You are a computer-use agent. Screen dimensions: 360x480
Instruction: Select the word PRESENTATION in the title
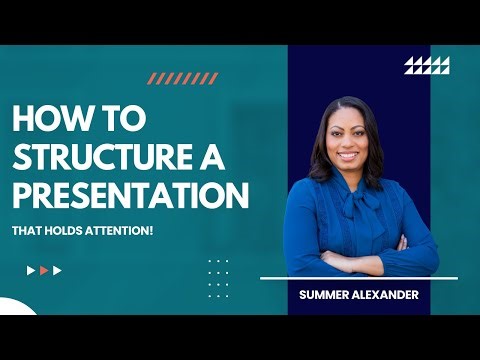[x=130, y=194]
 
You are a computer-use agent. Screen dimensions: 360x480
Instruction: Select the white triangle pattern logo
[x=427, y=66]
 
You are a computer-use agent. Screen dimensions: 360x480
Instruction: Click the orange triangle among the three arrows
[x=44, y=270]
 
